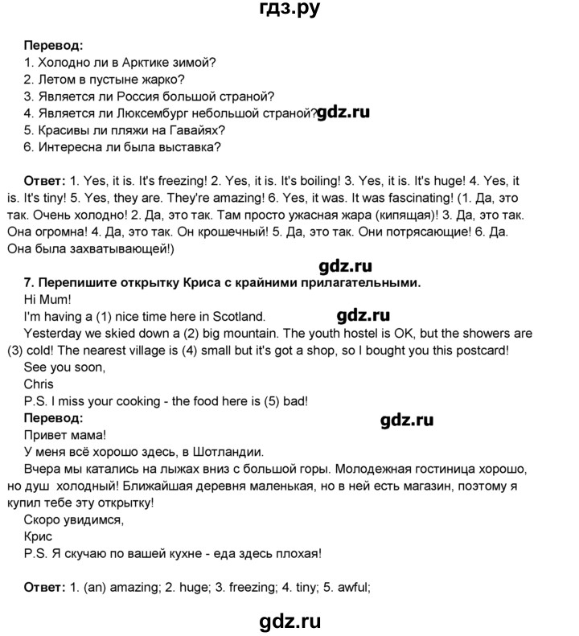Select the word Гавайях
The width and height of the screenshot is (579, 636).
click(x=198, y=130)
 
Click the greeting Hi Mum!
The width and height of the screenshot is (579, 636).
click(x=49, y=298)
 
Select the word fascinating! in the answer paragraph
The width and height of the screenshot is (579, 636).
click(x=434, y=198)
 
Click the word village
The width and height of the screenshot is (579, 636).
click(x=160, y=351)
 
